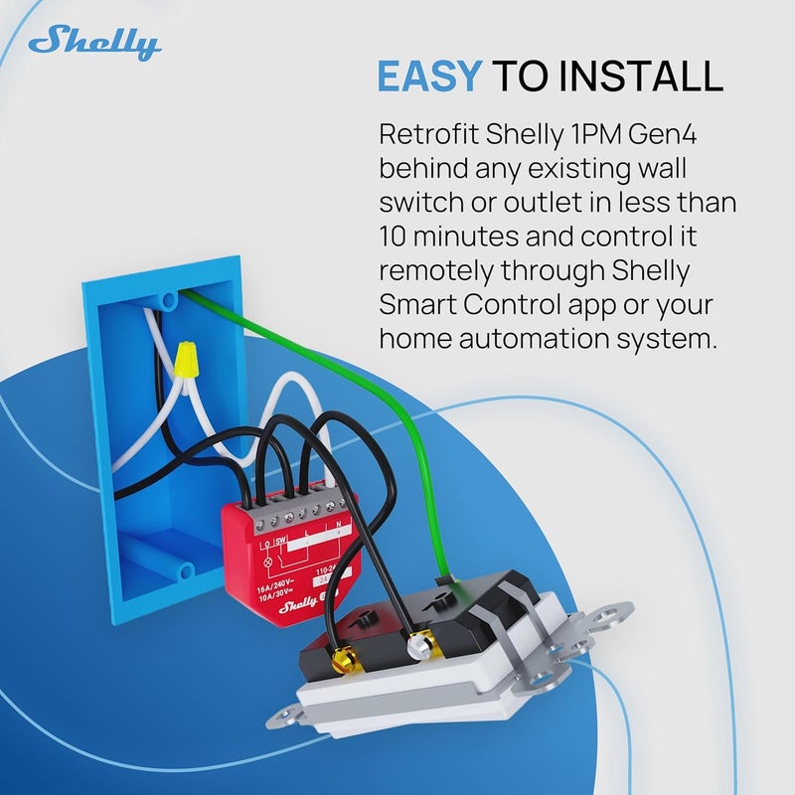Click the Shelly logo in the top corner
94,43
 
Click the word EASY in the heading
429,76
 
